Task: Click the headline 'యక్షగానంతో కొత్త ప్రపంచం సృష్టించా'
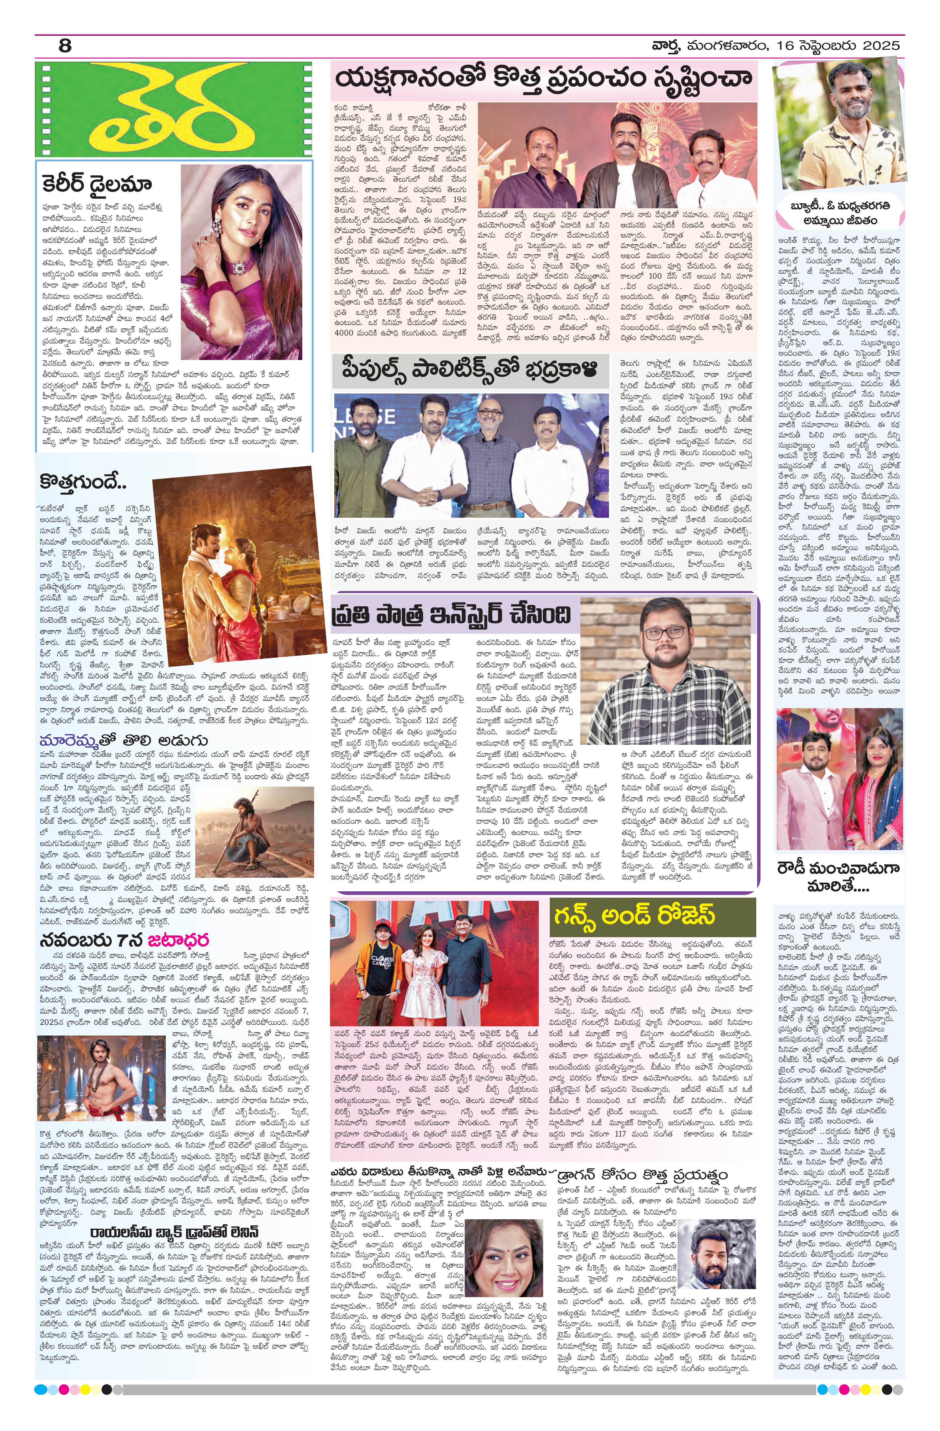point(543,79)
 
